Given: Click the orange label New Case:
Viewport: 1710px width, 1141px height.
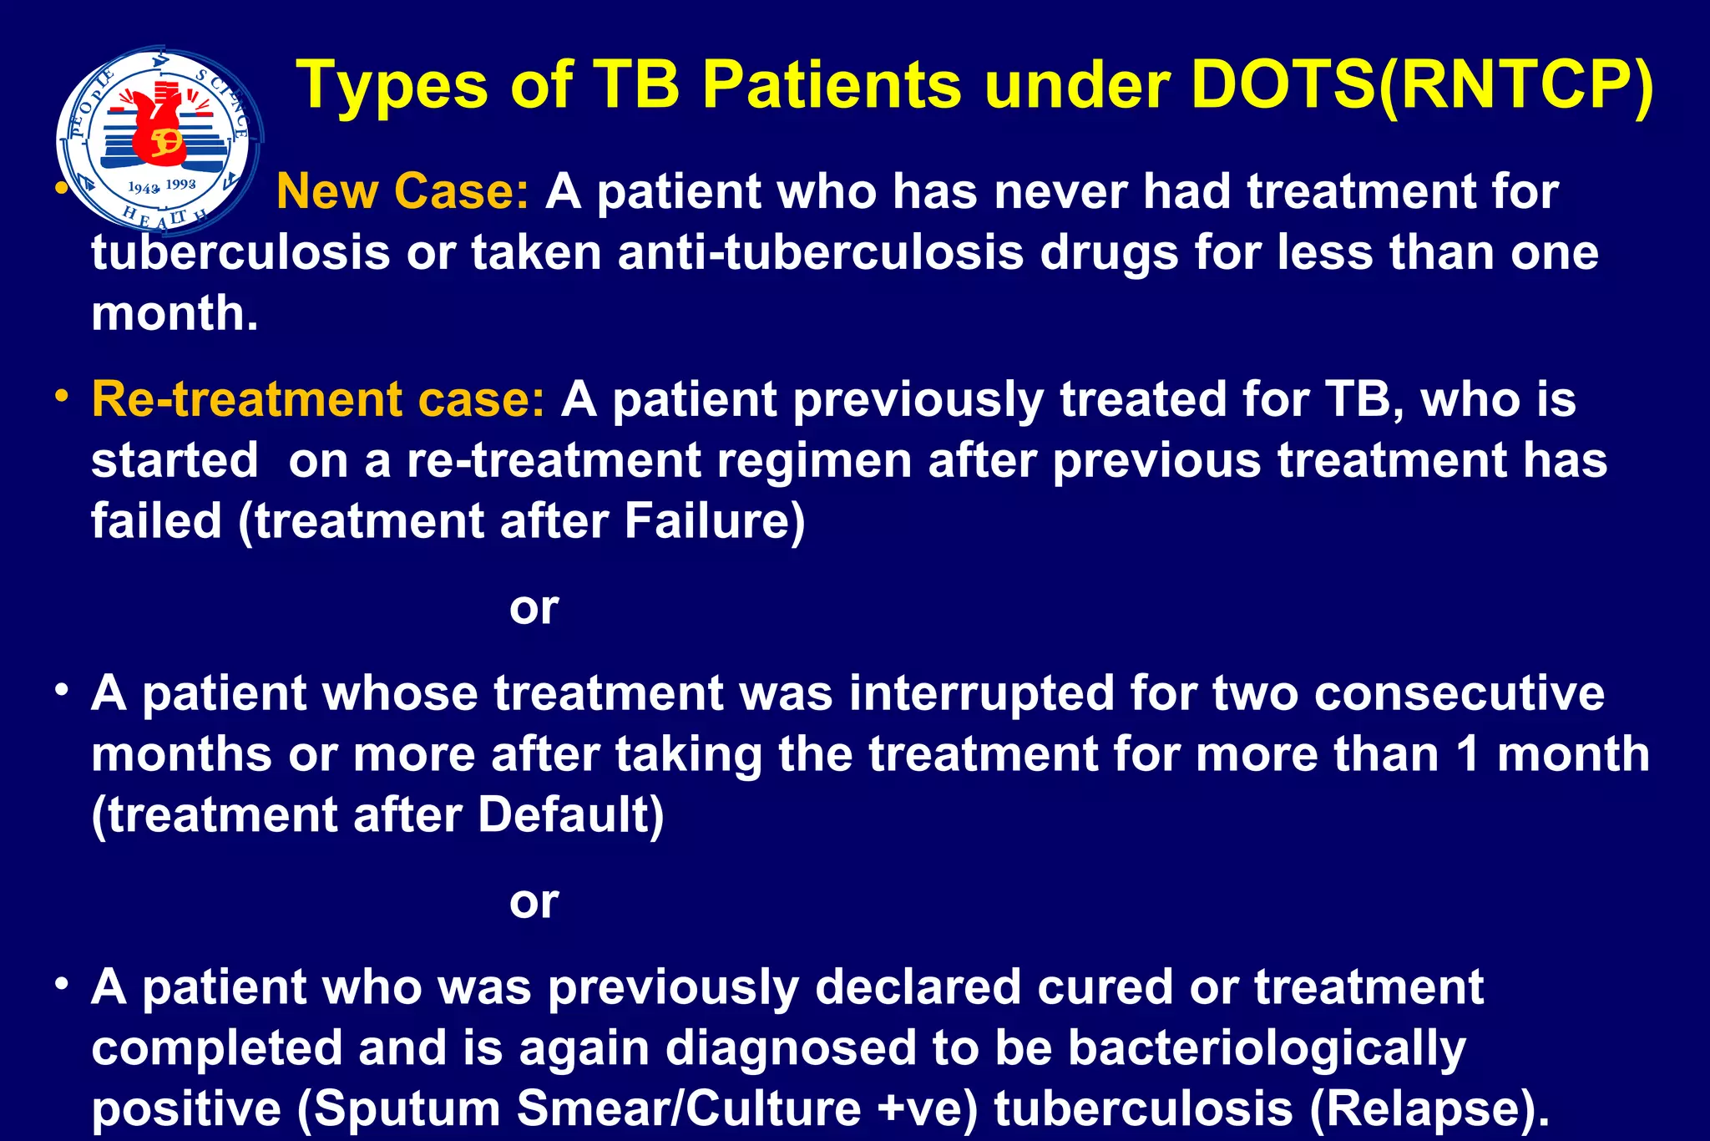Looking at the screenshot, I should (402, 191).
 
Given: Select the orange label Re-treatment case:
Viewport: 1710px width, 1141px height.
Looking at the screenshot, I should (318, 399).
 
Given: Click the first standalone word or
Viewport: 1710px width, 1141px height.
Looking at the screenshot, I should (534, 607).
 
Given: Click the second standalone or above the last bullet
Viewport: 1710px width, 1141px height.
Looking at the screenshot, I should (534, 901).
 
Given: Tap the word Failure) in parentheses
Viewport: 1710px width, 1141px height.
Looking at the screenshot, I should (714, 521).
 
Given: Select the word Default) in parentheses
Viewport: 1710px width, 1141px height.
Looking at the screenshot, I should (570, 815).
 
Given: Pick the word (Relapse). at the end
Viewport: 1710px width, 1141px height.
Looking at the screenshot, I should (1429, 1109).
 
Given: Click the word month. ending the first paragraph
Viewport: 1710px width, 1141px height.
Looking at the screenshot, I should (175, 313).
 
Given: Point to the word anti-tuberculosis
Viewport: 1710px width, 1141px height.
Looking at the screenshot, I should (820, 252).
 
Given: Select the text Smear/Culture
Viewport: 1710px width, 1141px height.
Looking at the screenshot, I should (689, 1109).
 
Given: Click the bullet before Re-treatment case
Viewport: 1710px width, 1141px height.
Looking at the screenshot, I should (62, 396).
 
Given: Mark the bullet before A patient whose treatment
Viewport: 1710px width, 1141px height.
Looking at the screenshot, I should (62, 691).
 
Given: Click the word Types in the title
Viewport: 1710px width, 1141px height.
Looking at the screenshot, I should (392, 86).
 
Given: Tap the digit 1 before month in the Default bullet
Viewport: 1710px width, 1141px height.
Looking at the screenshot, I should (1468, 754).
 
